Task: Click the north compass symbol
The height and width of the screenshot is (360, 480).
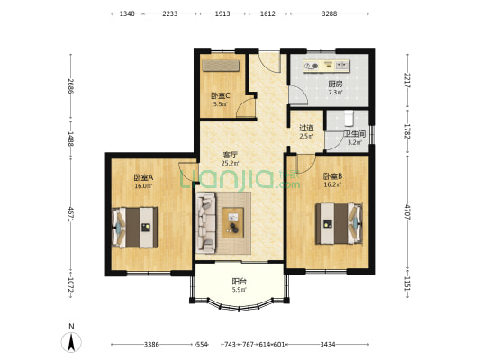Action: pyautogui.click(x=71, y=341)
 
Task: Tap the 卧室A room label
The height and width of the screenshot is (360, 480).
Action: pyautogui.click(x=143, y=177)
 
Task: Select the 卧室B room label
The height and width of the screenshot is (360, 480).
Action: pyautogui.click(x=332, y=176)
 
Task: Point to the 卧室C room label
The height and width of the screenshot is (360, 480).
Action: pyautogui.click(x=221, y=96)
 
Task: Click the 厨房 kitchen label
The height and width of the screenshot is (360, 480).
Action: pyautogui.click(x=335, y=84)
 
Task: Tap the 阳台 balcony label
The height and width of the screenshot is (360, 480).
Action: pyautogui.click(x=239, y=281)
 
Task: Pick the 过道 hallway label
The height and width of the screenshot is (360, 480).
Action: pyautogui.click(x=306, y=128)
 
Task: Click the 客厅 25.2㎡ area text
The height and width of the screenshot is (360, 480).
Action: pyautogui.click(x=230, y=163)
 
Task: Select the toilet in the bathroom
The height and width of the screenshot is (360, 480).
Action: pyautogui.click(x=349, y=119)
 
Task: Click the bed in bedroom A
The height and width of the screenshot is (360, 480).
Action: pyautogui.click(x=135, y=228)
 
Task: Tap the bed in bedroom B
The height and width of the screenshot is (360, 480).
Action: pyautogui.click(x=340, y=223)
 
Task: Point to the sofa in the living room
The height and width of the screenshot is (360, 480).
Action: pyautogui.click(x=205, y=222)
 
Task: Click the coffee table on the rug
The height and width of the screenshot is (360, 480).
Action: pyautogui.click(x=233, y=222)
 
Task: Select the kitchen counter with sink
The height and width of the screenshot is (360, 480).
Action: pyautogui.click(x=326, y=66)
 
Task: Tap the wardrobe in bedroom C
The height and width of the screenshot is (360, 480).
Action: pyautogui.click(x=221, y=66)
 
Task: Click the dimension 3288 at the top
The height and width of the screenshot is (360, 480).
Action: pyautogui.click(x=330, y=13)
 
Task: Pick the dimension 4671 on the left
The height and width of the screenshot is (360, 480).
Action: pyautogui.click(x=71, y=214)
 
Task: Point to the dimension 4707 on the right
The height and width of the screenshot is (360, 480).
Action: pyautogui.click(x=407, y=212)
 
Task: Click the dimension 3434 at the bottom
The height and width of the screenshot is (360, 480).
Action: pyautogui.click(x=328, y=345)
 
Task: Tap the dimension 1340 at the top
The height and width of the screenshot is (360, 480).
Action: pyautogui.click(x=127, y=13)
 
